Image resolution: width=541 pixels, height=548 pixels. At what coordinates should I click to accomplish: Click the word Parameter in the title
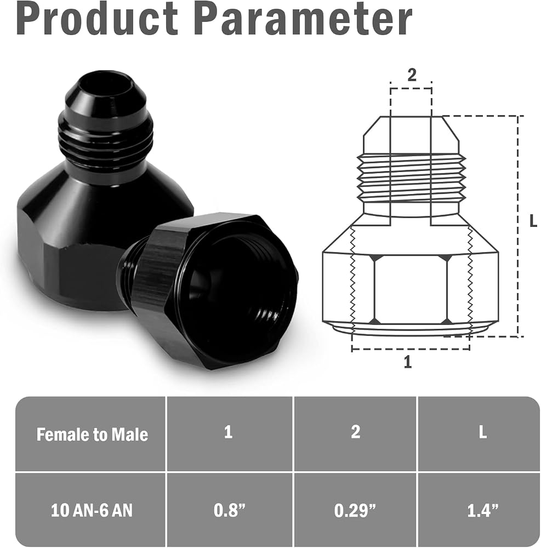303,19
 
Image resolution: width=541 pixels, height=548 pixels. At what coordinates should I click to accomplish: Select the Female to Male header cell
92,435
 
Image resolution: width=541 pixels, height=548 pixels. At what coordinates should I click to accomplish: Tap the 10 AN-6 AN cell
92,510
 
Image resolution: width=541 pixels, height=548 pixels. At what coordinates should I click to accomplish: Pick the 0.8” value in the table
230,510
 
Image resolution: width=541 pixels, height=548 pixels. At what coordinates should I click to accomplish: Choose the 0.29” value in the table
355,510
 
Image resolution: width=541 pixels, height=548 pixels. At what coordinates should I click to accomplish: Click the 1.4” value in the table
483,510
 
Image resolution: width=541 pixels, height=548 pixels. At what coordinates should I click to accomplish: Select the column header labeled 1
228,432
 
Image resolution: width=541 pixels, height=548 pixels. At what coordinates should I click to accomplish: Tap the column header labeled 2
355,432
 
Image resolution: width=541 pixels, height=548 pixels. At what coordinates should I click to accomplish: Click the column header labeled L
483,432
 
